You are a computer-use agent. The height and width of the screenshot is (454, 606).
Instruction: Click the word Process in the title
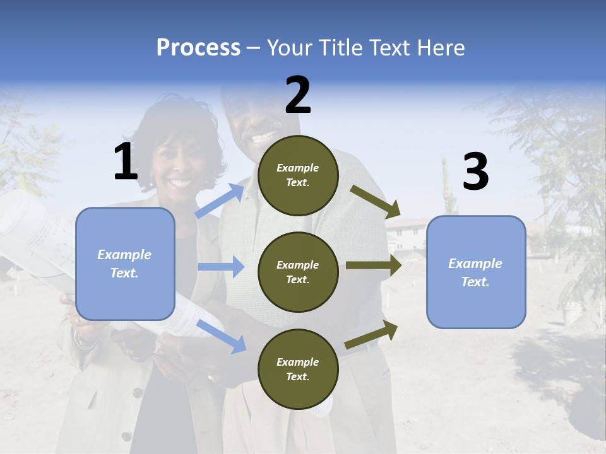click(198, 47)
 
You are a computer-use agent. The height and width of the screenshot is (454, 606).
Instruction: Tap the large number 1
click(126, 162)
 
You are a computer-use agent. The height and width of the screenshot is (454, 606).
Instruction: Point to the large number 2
click(298, 95)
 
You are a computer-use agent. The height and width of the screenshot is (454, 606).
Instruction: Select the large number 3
click(475, 172)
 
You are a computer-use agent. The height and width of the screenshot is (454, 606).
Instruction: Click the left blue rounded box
click(125, 264)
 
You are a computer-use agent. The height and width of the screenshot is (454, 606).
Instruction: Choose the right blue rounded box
click(476, 272)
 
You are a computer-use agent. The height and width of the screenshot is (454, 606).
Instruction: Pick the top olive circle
click(298, 175)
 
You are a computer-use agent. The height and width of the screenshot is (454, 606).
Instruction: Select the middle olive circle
click(298, 272)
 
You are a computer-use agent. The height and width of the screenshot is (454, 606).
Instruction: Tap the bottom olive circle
click(298, 369)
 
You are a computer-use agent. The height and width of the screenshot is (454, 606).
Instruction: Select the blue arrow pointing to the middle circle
click(221, 267)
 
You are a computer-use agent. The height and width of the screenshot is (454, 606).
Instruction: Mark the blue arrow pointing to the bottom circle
click(222, 335)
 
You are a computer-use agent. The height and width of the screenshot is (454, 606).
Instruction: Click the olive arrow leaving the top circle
click(376, 200)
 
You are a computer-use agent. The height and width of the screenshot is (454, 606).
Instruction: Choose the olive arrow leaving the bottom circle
click(371, 334)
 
